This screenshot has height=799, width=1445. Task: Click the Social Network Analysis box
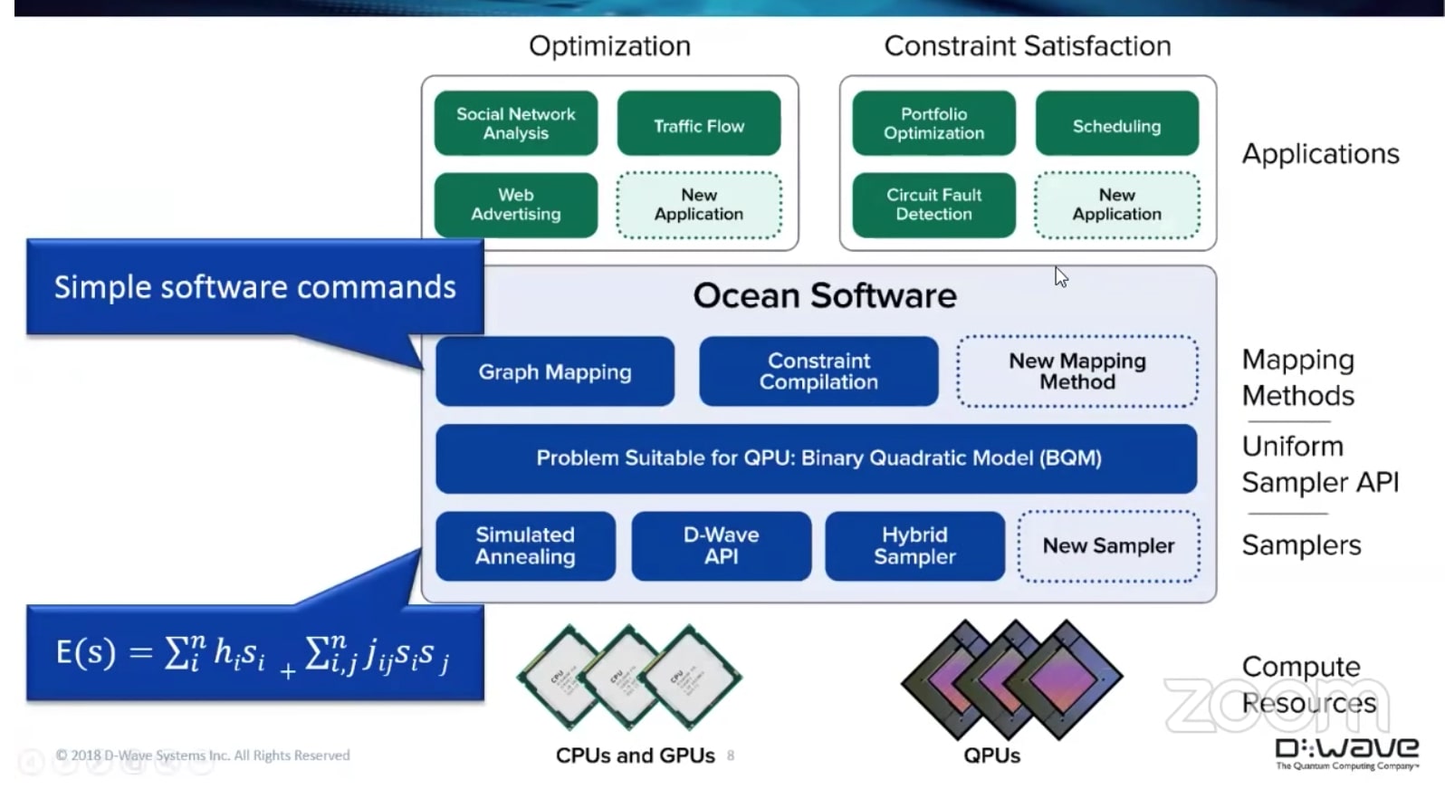(x=515, y=123)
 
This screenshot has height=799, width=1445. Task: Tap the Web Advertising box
(x=515, y=205)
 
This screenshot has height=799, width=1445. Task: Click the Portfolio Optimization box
(x=933, y=123)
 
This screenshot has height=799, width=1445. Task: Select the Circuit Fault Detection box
(x=933, y=205)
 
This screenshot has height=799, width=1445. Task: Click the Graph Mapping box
(x=554, y=371)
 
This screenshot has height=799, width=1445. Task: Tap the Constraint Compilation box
(x=818, y=371)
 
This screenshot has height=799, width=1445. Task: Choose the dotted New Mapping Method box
(x=1077, y=371)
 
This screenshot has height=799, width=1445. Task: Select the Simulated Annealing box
(x=525, y=546)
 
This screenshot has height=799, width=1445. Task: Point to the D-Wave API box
(x=721, y=546)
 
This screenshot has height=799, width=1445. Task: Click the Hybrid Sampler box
(x=914, y=546)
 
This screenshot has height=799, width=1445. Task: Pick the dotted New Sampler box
(x=1108, y=546)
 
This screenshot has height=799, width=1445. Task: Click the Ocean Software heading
(x=824, y=296)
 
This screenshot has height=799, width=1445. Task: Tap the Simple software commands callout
(x=254, y=287)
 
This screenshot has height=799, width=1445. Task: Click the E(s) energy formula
(x=254, y=653)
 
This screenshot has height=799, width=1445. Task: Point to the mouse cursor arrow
(x=1060, y=276)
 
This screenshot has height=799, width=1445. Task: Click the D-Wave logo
(x=1345, y=752)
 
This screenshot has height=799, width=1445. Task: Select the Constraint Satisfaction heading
(x=1027, y=46)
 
